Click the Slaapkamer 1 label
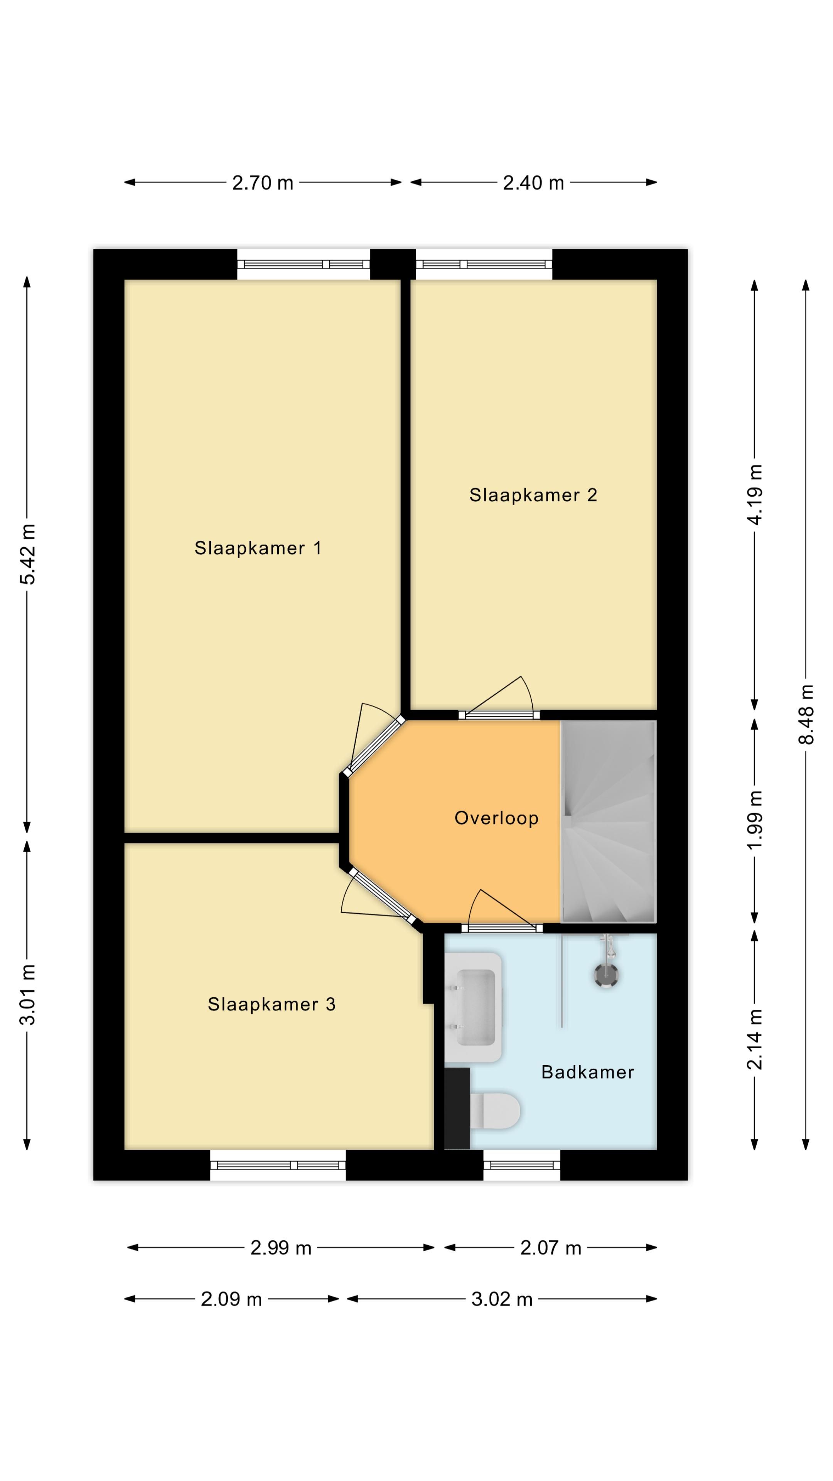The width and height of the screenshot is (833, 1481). point(258,548)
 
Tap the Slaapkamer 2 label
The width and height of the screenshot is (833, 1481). point(533,495)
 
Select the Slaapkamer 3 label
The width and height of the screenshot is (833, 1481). point(271,1004)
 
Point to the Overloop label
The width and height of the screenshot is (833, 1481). point(496,818)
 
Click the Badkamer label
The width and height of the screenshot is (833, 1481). point(587,1072)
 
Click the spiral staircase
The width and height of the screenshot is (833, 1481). point(608,822)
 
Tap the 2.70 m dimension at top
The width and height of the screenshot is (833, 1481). point(263,183)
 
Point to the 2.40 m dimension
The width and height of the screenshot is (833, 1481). point(533,183)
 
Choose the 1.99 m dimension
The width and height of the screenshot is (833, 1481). point(755,819)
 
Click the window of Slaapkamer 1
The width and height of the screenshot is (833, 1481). point(304,265)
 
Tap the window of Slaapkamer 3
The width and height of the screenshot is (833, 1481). point(278,1166)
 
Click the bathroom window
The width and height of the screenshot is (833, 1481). point(521,1166)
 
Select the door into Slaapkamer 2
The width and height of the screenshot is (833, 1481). point(499,715)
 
